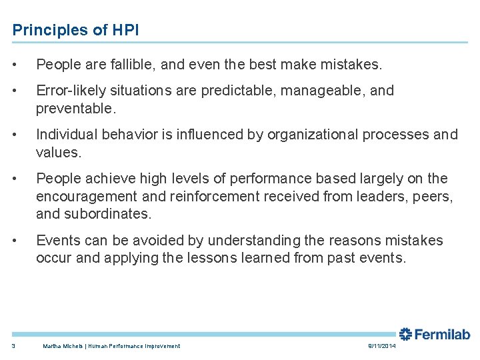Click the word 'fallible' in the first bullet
[x=129, y=65]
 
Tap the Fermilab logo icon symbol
[x=405, y=334]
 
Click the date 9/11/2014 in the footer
[x=382, y=346]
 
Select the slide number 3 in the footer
[x=14, y=346]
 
